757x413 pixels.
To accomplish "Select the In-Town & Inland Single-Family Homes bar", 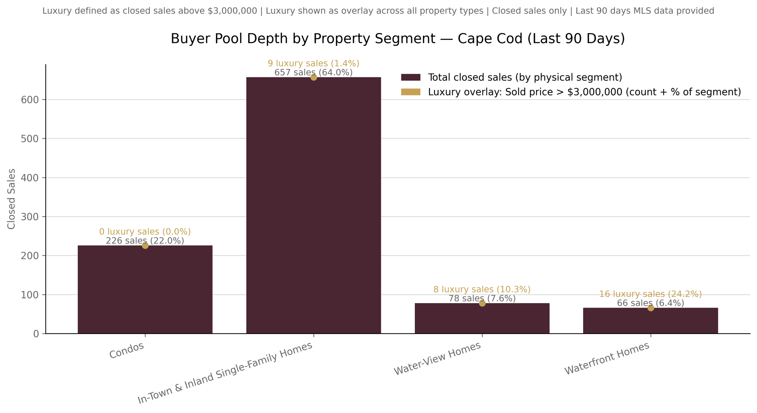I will (x=313, y=205).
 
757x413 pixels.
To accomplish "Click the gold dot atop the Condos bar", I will (x=145, y=246).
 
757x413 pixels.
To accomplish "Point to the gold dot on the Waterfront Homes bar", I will (x=651, y=308).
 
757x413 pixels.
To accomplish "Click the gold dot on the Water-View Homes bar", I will (x=482, y=303).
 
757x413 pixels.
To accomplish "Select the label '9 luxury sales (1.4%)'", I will (x=313, y=64).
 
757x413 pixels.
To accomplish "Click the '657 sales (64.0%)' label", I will (x=313, y=73).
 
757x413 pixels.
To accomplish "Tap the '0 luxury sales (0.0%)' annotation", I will (x=145, y=232).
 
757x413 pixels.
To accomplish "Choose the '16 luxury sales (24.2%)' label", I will (x=651, y=294).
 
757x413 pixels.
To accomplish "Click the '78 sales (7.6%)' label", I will (x=482, y=298).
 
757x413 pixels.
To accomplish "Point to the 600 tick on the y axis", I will (x=30, y=100).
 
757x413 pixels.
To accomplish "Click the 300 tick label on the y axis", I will (x=30, y=217).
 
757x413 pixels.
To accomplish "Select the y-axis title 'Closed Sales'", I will (x=11, y=199).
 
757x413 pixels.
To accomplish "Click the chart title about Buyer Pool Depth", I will (x=397, y=39).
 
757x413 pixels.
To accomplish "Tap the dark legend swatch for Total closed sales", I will (x=410, y=77).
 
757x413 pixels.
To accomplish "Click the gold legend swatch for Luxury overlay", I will (x=410, y=92).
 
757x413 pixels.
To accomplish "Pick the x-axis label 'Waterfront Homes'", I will (x=607, y=358).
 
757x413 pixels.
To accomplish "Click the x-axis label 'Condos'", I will (x=127, y=350).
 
